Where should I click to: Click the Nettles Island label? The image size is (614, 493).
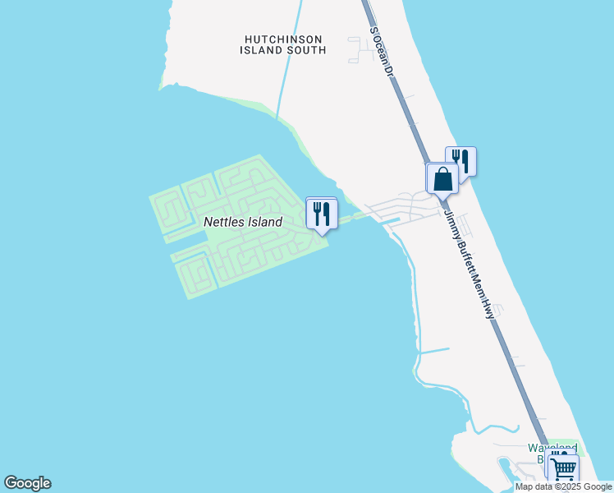coord(242,222)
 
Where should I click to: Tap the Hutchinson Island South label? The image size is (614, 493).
coord(283,44)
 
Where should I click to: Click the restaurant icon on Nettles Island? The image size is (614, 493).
coord(321,214)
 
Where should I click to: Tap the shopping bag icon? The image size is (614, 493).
coord(442,178)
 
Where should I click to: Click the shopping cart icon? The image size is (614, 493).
coord(564,470)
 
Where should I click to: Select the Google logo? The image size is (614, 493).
coord(27,483)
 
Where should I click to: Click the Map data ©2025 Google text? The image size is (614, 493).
coord(563,486)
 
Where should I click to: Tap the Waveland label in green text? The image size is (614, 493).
coord(552,449)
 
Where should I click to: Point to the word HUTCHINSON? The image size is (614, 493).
coord(283,39)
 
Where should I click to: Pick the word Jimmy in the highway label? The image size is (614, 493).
coord(451,221)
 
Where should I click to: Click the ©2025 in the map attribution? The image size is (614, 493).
coord(568,486)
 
